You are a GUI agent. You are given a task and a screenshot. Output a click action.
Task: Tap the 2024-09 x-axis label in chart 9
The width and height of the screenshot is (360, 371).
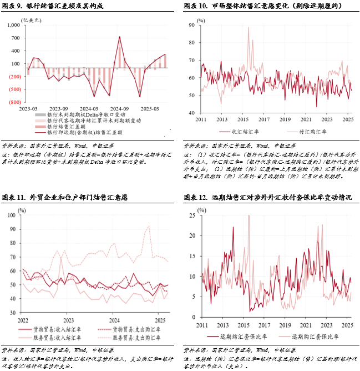tap(120, 108)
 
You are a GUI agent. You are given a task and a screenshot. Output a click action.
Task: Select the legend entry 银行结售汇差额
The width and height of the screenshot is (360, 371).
tap(66, 127)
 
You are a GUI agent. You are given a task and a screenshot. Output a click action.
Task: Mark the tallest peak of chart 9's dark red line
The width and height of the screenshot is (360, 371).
tap(120, 37)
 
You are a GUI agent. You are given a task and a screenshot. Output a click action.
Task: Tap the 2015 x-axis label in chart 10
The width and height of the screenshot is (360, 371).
tap(242, 119)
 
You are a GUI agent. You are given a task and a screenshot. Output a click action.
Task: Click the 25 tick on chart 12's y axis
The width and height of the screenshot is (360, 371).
tap(192, 215)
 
